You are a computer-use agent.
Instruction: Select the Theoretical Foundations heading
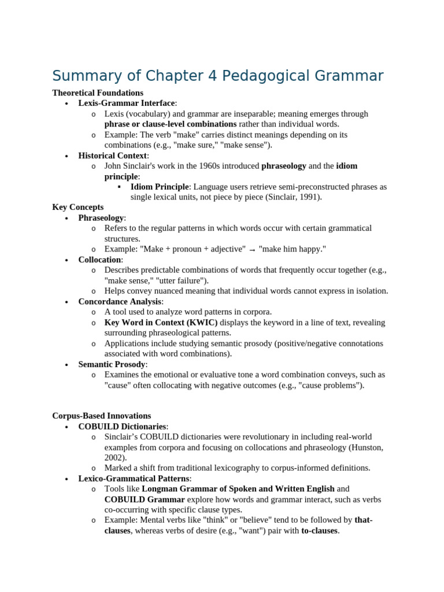click(98, 92)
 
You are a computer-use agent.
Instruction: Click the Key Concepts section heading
click(78, 207)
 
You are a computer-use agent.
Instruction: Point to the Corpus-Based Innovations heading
click(102, 416)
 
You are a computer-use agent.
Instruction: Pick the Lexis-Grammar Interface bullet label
click(127, 103)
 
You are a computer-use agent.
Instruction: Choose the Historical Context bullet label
click(113, 156)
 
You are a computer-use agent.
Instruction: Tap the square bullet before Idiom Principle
click(119, 187)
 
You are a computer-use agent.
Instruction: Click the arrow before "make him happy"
click(252, 250)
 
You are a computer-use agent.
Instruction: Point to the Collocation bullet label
click(99, 260)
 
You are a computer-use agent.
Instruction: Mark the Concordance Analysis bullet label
click(120, 301)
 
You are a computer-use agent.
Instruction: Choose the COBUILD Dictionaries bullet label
click(122, 426)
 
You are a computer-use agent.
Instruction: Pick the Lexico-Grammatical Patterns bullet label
click(134, 478)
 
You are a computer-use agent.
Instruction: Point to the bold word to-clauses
click(319, 530)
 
